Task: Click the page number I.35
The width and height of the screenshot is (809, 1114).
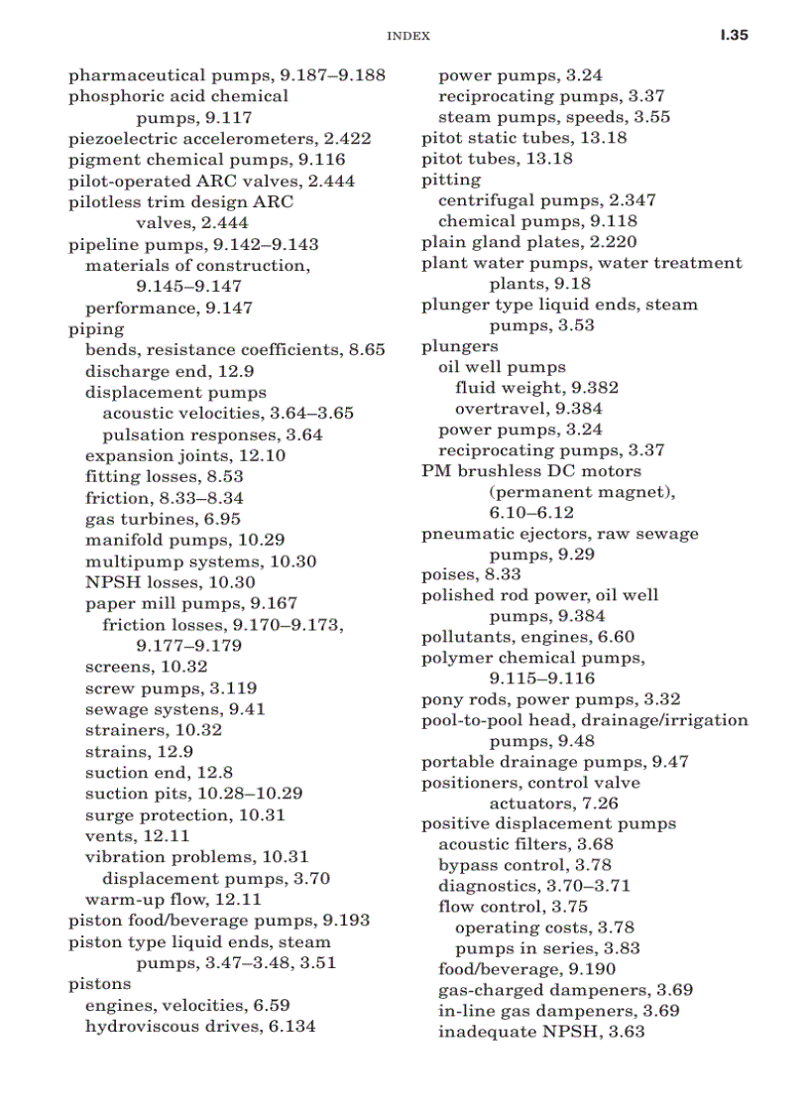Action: click(x=734, y=35)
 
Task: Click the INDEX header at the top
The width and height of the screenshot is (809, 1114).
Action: click(x=407, y=36)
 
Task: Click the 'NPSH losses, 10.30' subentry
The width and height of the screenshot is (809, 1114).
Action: click(x=170, y=582)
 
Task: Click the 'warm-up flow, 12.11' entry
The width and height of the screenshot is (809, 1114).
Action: click(x=173, y=900)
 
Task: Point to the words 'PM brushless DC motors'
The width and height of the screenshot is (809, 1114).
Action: click(x=531, y=471)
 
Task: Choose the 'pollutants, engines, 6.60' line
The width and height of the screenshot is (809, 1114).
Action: click(x=527, y=637)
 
